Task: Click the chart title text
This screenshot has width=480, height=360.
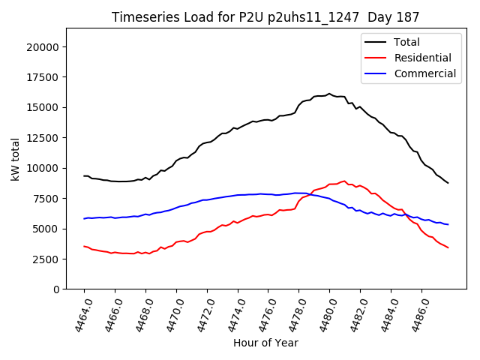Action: pos(265,17)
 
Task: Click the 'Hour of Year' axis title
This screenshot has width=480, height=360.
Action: pos(265,343)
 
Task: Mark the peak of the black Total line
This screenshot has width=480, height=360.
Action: pos(329,94)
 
